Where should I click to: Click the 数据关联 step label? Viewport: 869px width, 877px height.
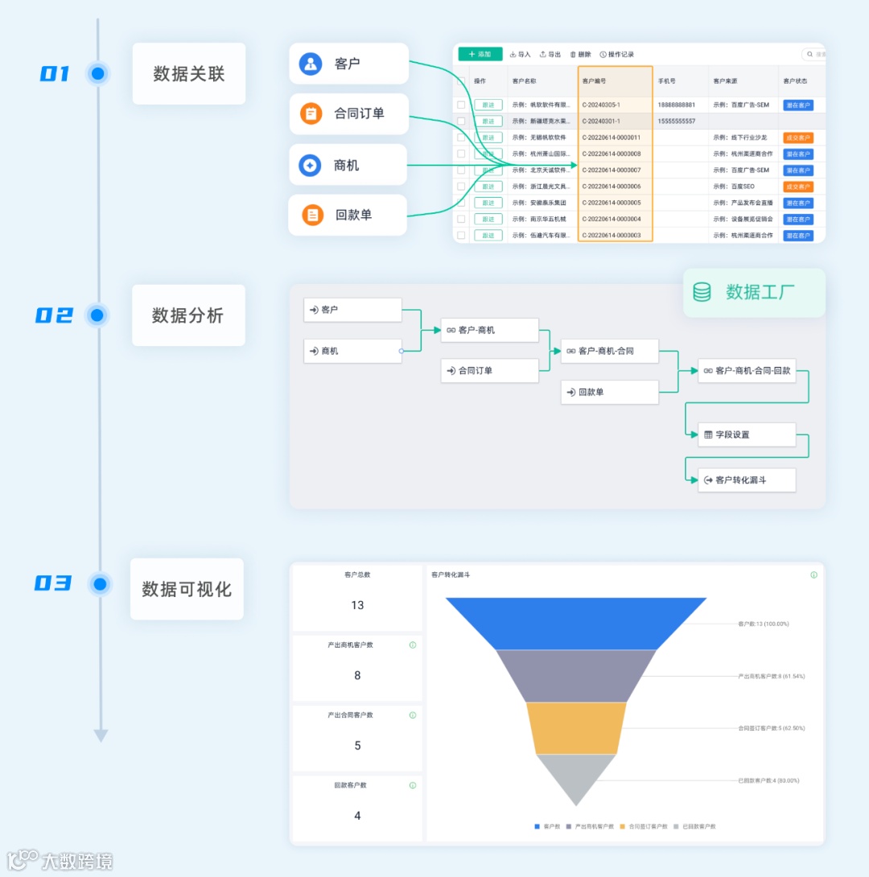tap(188, 74)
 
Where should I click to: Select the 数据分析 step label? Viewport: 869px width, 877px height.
tap(188, 315)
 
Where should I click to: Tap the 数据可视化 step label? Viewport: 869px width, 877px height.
tap(187, 589)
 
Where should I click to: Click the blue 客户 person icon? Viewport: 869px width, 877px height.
tap(311, 64)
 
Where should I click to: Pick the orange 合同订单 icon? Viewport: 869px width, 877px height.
tap(311, 113)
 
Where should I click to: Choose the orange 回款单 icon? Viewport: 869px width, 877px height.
tap(312, 215)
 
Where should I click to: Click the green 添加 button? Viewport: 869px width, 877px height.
tap(480, 54)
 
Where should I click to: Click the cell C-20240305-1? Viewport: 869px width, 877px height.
tap(601, 105)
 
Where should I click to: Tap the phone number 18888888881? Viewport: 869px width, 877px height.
tap(677, 105)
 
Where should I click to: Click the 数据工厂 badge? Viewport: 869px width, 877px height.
tap(754, 292)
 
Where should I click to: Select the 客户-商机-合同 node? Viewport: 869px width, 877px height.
tap(610, 351)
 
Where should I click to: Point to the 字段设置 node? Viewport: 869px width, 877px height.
tap(747, 434)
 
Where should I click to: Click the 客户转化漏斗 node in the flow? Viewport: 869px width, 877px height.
tap(747, 480)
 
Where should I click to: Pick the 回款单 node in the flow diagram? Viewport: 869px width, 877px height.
tap(610, 393)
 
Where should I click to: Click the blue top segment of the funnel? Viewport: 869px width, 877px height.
tap(576, 623)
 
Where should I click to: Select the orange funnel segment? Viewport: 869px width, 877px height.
tap(576, 727)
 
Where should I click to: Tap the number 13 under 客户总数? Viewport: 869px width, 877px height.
tap(357, 605)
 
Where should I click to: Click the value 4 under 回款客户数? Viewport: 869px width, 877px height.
tap(357, 816)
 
